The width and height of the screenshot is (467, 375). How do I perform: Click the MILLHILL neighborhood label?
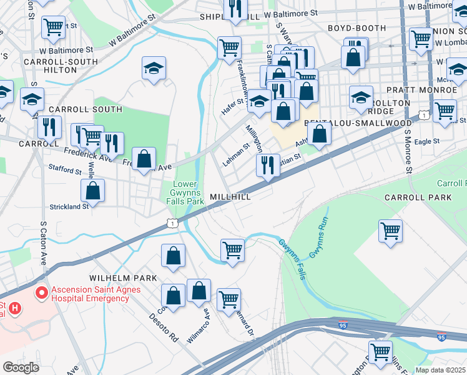point(230,196)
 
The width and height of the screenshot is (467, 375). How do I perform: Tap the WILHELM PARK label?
point(118,277)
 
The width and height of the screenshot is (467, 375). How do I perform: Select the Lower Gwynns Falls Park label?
point(188,192)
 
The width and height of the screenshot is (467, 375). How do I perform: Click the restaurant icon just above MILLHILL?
point(267,166)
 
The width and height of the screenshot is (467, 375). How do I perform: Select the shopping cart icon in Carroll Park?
point(390,231)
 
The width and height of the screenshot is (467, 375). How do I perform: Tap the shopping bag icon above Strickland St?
point(92,191)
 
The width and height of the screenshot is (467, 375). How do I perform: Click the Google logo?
point(21,367)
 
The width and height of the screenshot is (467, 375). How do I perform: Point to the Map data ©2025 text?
point(441,370)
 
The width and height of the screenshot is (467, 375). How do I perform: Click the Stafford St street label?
point(65,170)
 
